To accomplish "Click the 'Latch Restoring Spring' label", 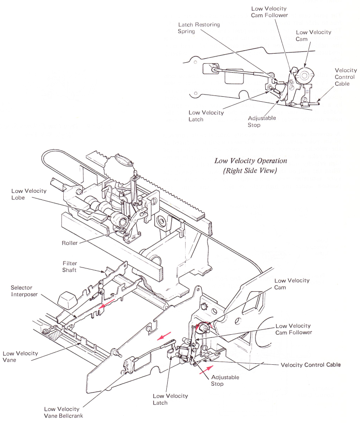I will [199, 28].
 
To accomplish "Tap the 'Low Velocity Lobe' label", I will [29, 194].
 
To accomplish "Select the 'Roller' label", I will [70, 243].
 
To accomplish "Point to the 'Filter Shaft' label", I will [69, 267].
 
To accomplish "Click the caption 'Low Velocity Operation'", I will [251, 161].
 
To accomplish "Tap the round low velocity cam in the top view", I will [306, 74].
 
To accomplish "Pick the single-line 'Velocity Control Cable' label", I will [311, 365].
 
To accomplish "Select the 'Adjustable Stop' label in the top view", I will [262, 121].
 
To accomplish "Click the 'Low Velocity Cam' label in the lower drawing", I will [292, 284].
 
